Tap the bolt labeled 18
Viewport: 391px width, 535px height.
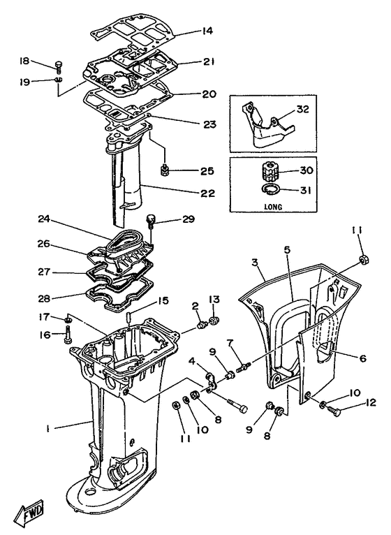(58, 68)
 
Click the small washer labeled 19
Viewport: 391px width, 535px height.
(59, 82)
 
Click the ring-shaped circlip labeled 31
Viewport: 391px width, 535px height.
(273, 189)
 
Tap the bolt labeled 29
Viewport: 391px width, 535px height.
(149, 221)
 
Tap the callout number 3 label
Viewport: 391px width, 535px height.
(256, 262)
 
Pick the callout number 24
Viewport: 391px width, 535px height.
(45, 219)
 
